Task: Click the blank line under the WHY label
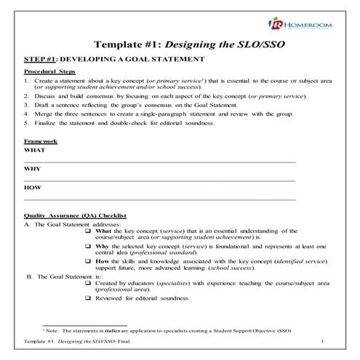[x=159, y=180]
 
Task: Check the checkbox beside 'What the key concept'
[x=89, y=231]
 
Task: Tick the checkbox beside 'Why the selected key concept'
[x=89, y=247]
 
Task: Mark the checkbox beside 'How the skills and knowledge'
[x=89, y=262]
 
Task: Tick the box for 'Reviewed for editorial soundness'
[x=89, y=297]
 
